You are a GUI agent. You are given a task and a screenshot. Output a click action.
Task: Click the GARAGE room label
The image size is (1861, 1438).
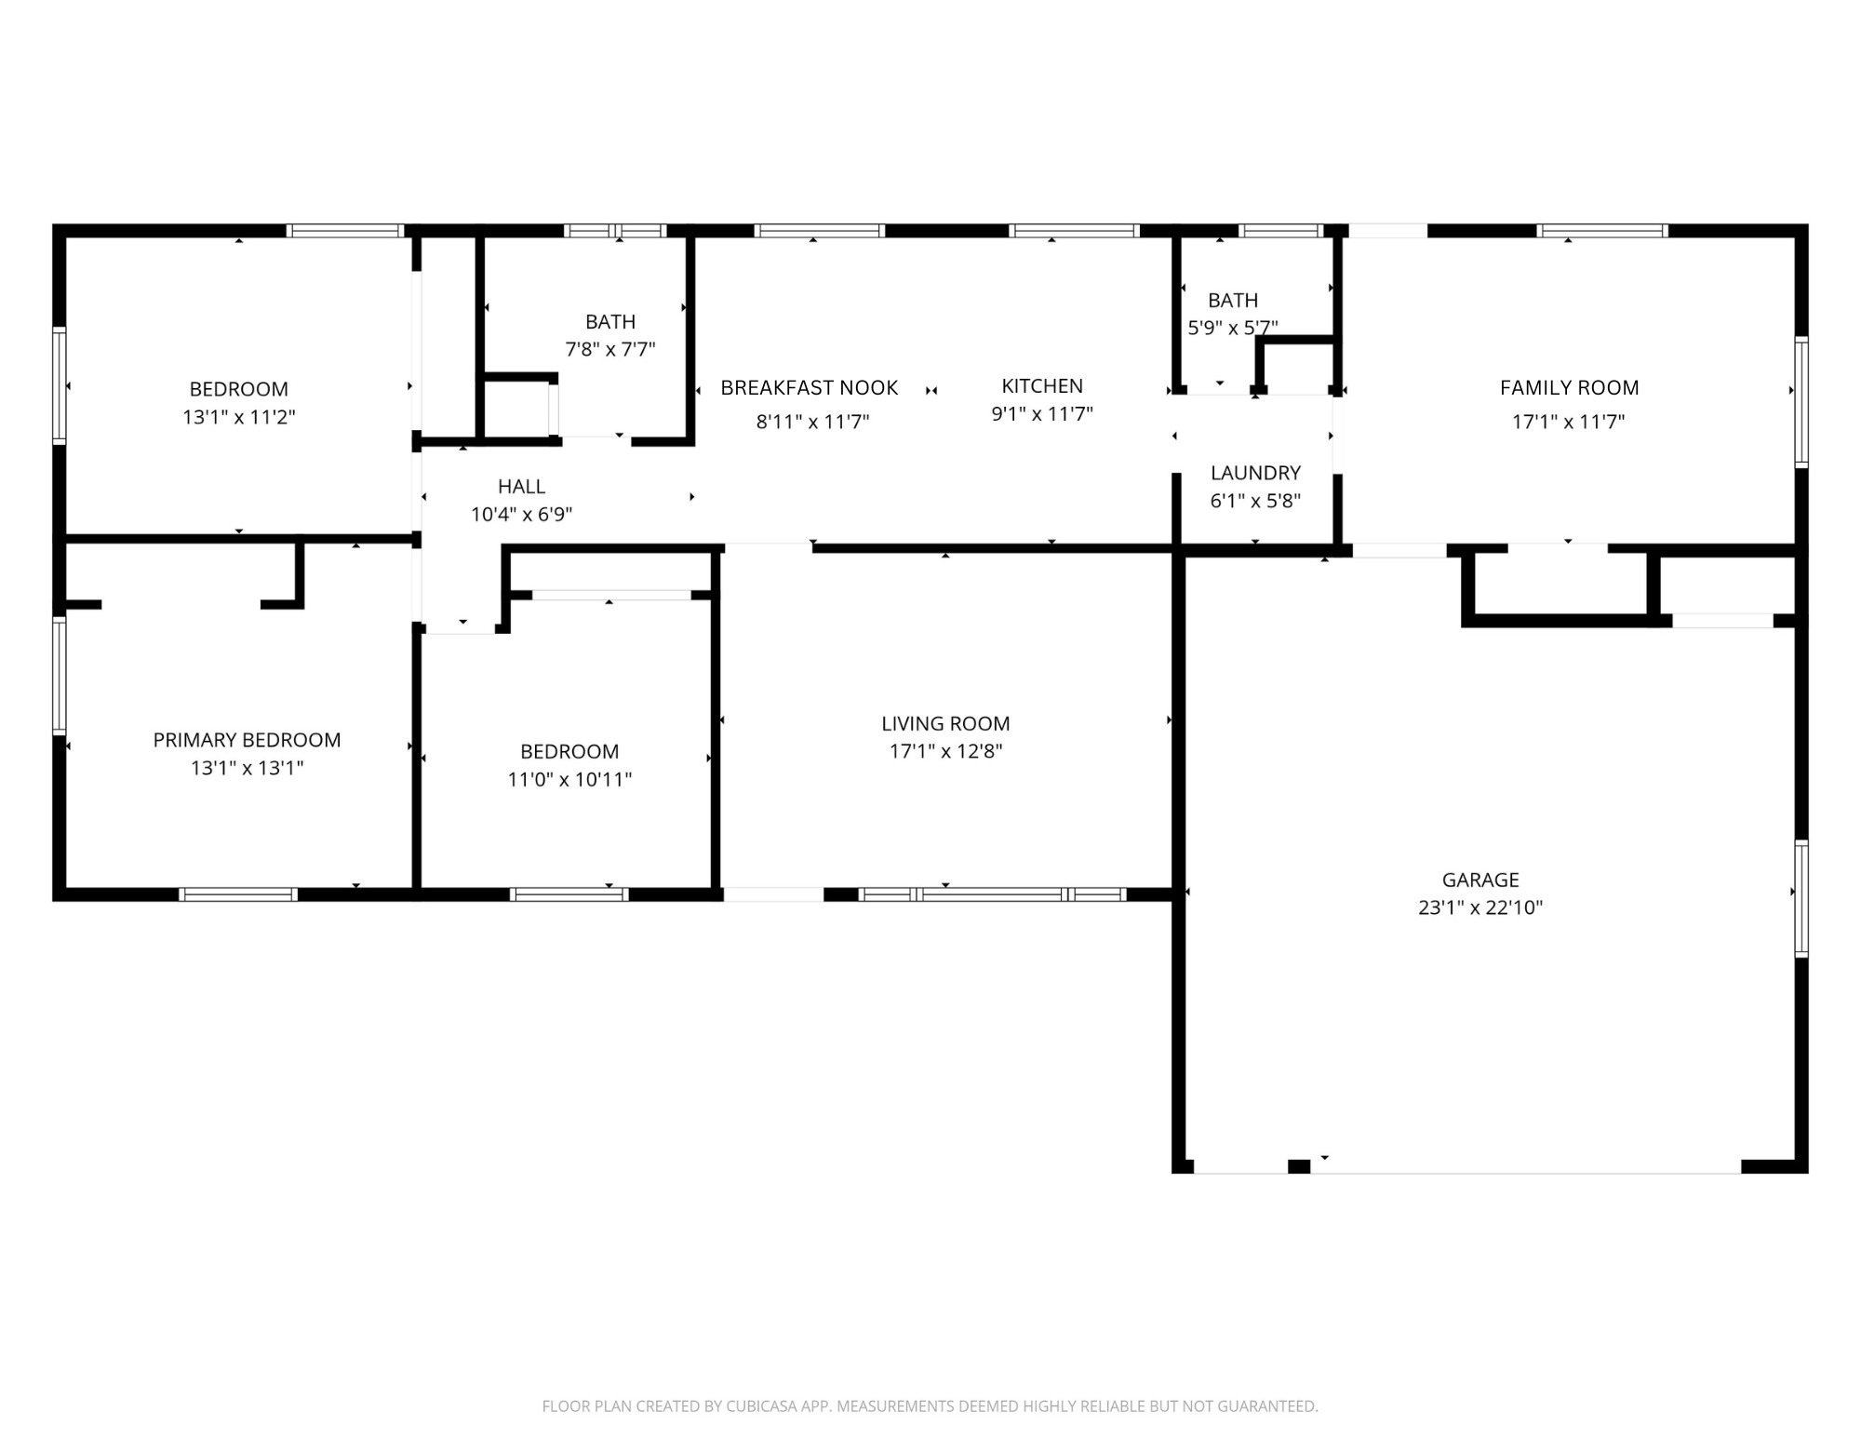[x=1479, y=880]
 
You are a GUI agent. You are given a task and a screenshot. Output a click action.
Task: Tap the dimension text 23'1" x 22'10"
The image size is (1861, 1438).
[x=1479, y=907]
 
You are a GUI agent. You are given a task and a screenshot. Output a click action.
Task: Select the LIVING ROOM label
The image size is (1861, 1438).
[x=945, y=723]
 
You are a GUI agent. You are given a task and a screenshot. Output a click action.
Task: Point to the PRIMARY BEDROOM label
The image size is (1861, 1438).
[x=247, y=740]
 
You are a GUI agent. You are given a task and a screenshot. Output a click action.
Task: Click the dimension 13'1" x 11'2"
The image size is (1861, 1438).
[x=238, y=417]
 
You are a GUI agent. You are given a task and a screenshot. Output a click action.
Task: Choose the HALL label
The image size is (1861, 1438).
[x=521, y=486]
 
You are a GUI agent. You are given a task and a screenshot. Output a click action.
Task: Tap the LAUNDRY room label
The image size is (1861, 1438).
[x=1255, y=473]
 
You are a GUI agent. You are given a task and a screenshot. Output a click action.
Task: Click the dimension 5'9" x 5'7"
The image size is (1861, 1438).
[x=1232, y=328]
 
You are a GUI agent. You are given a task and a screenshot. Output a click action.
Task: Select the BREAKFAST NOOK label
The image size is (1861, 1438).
[x=809, y=388]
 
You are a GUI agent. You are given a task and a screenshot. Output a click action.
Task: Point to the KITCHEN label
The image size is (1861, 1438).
[x=1041, y=386]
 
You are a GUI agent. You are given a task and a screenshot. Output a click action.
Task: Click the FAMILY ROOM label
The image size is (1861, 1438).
[x=1569, y=388]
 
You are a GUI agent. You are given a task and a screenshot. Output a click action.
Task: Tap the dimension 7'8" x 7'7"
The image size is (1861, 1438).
[x=610, y=350]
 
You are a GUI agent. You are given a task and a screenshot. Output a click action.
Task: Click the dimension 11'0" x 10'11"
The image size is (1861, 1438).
[x=569, y=780]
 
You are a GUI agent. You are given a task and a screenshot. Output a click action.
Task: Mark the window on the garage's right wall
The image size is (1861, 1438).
[x=1801, y=898]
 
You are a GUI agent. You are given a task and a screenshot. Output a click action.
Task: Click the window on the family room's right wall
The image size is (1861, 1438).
[x=1801, y=402]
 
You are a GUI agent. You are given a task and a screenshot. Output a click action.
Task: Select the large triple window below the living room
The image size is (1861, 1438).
[x=992, y=894]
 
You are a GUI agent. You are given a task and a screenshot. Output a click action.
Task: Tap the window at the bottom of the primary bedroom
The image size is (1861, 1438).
[x=238, y=894]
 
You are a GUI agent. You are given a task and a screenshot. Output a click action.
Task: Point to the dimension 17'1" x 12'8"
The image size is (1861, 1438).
[x=945, y=752]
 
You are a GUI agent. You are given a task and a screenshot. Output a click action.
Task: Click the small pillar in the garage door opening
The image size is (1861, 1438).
[x=1299, y=1166]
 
